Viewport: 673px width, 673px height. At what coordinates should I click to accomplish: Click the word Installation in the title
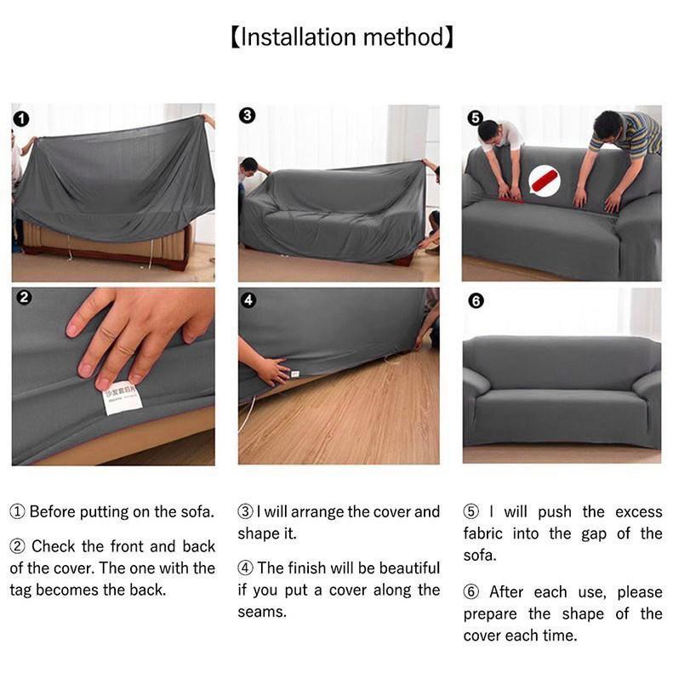298,37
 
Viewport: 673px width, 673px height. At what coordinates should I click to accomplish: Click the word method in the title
404,37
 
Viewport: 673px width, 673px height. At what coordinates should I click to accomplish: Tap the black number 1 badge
21,118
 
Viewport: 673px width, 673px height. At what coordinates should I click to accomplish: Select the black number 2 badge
24,298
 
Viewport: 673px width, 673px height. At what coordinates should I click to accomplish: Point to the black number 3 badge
247,115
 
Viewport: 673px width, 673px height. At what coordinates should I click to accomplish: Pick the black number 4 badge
248,300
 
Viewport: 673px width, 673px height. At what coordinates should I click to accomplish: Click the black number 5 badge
475,117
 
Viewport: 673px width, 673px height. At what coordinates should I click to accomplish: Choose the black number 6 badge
476,300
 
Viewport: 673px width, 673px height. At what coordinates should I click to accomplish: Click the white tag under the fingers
123,398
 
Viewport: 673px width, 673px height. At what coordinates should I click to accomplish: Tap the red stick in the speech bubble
545,180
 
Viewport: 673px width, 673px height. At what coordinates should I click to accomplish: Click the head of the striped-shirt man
607,123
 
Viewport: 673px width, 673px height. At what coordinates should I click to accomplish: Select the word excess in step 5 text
639,511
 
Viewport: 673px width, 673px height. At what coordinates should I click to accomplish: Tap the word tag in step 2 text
20,590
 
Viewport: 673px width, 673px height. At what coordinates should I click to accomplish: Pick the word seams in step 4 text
262,612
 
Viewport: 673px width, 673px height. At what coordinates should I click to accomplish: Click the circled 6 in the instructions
471,592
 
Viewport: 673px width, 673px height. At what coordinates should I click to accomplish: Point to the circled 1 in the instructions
17,511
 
